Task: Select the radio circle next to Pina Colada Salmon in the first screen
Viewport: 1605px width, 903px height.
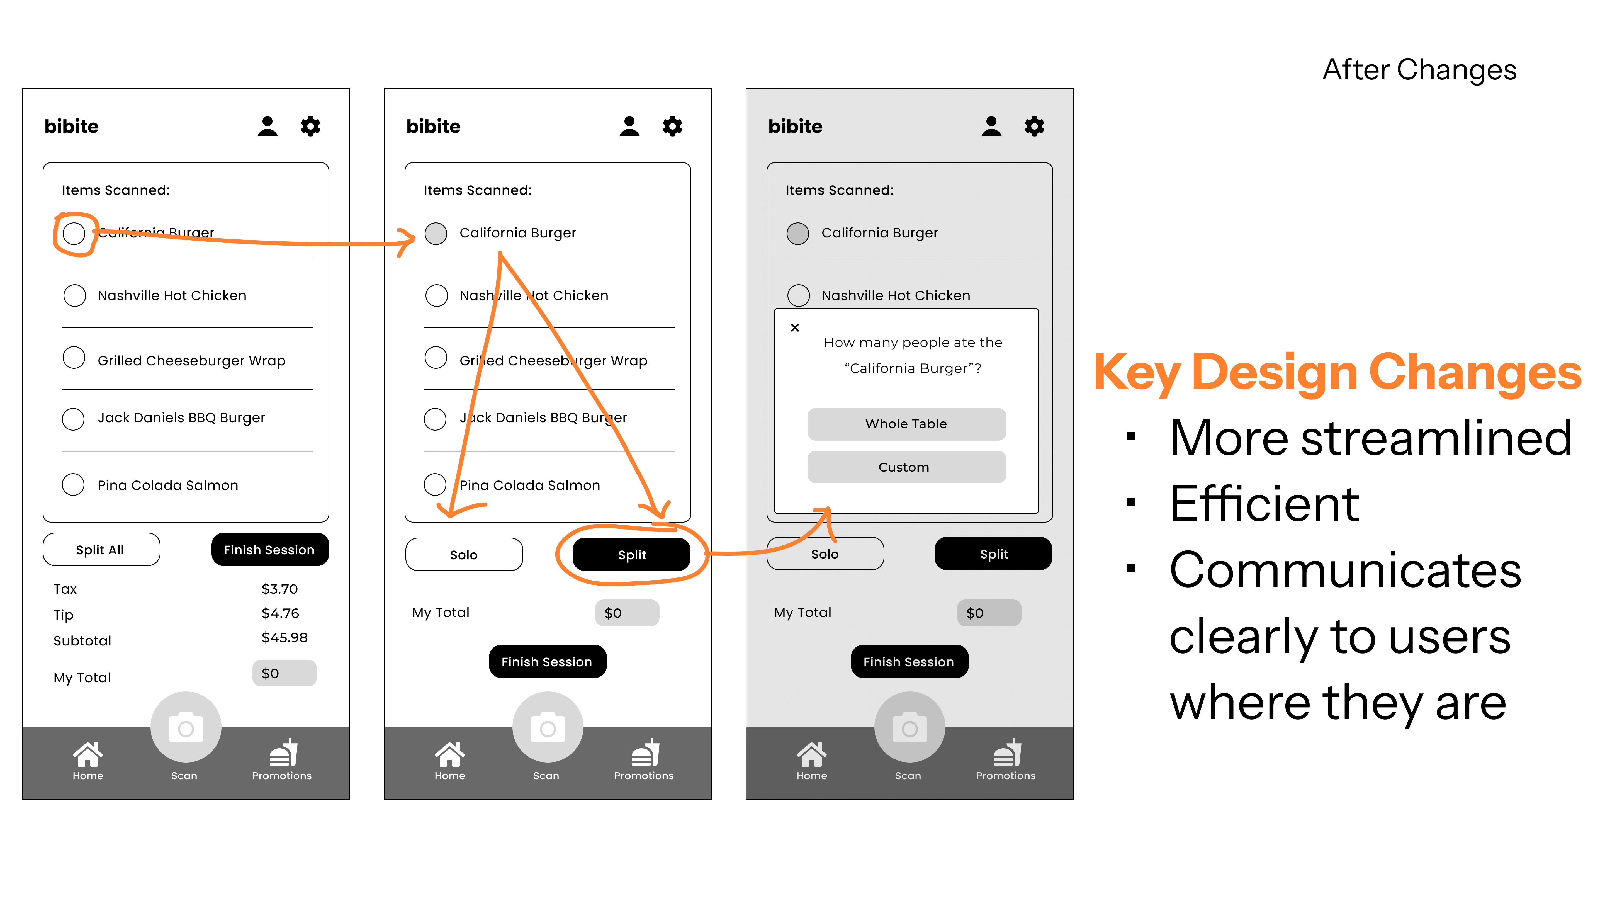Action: (74, 484)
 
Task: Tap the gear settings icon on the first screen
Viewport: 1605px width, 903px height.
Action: (310, 127)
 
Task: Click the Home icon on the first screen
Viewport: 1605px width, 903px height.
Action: (88, 754)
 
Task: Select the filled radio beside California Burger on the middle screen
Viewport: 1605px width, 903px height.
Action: (436, 233)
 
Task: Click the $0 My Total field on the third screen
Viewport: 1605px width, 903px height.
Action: (989, 613)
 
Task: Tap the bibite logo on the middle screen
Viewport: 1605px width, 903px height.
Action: (433, 127)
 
